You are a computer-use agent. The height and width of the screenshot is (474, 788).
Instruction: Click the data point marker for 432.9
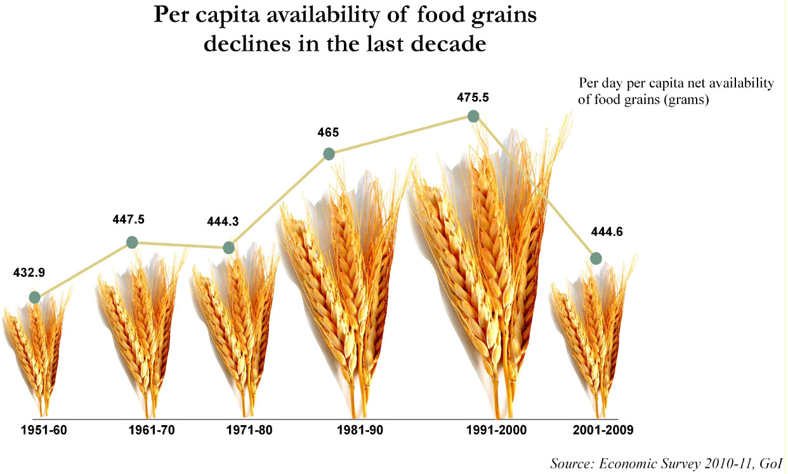pyautogui.click(x=35, y=297)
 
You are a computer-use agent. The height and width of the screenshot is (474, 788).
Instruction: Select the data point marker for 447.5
pyautogui.click(x=132, y=242)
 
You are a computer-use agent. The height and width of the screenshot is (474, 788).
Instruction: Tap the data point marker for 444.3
pyautogui.click(x=230, y=247)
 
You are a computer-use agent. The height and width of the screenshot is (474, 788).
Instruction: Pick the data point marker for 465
pyautogui.click(x=329, y=154)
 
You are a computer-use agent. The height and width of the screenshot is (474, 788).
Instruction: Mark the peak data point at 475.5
pyautogui.click(x=473, y=116)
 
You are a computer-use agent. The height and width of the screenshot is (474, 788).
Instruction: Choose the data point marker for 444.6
pyautogui.click(x=596, y=258)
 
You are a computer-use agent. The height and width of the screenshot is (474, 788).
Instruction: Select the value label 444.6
pyautogui.click(x=607, y=232)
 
